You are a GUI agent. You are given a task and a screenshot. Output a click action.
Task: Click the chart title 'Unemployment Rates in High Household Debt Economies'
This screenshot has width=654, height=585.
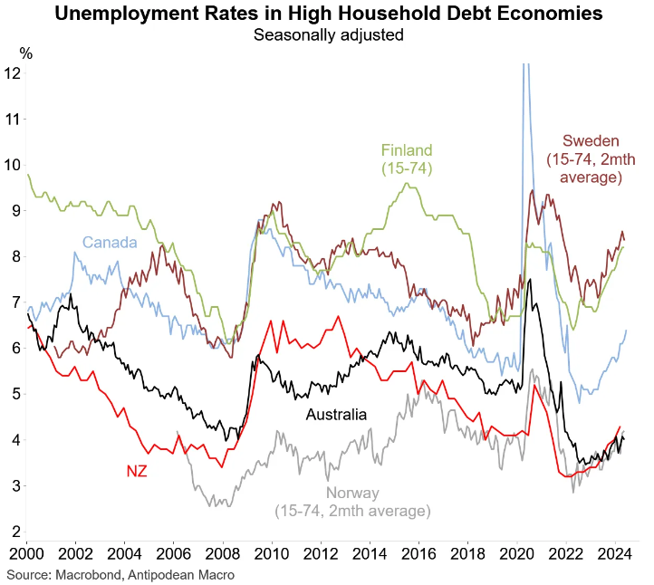coord(327,14)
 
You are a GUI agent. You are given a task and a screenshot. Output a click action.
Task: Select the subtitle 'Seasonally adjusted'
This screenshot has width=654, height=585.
coord(327,35)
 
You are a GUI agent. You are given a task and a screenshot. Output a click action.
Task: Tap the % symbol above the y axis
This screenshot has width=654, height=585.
coord(26,53)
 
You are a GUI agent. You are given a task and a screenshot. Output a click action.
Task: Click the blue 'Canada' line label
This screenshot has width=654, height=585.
coord(110,242)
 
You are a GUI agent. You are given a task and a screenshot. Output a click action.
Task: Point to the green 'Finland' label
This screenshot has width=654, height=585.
coord(407,149)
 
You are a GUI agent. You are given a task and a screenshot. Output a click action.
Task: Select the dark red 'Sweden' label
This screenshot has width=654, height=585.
coord(591,140)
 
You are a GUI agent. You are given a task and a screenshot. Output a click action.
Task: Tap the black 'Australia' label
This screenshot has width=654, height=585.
coord(336,415)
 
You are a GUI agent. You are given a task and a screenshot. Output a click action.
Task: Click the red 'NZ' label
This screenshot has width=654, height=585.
coord(136,471)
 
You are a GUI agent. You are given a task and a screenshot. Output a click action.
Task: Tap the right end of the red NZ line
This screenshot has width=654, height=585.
coord(620,427)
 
